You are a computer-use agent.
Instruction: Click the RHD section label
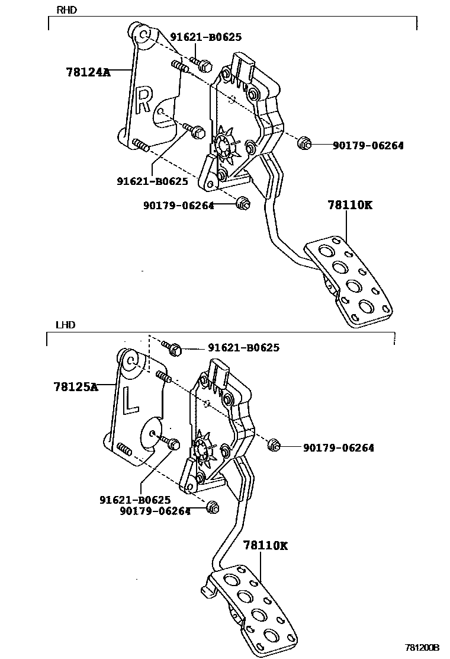pos(66,10)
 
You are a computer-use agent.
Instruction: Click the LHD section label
pos(65,325)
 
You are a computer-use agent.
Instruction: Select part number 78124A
pos(88,72)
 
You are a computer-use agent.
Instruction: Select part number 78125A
pos(75,386)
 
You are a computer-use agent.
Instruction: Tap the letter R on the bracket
pos(144,99)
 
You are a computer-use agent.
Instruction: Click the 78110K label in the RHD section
pos(350,206)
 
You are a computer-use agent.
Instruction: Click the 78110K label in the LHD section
pos(265,546)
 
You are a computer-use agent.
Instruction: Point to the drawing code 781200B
pos(422,648)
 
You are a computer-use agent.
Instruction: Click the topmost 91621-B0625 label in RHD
pos(205,37)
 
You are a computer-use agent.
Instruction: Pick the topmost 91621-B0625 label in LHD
pos(243,348)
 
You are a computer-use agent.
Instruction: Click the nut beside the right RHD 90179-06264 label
pos(303,143)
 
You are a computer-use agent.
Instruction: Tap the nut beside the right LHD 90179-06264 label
pos(274,446)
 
